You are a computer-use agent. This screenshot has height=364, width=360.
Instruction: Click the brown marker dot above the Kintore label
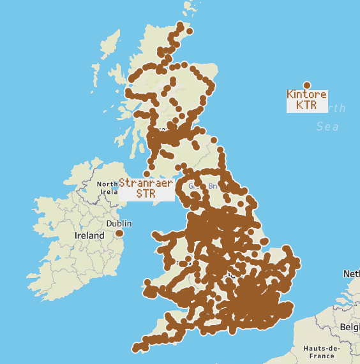[x=306, y=85]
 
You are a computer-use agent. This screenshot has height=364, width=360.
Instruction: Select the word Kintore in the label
[x=306, y=95]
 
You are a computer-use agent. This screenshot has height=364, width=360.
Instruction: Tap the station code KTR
[x=306, y=105]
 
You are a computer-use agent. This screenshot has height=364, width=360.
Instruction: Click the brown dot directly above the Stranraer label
[x=146, y=173]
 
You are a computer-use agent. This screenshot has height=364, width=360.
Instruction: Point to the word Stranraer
[x=146, y=183]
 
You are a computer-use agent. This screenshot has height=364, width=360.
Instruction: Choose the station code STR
[x=146, y=193]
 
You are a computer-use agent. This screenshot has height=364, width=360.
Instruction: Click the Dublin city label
[x=119, y=224]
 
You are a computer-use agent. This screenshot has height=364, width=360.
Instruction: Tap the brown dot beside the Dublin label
[x=119, y=234]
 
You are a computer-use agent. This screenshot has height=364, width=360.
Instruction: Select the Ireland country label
[x=89, y=235]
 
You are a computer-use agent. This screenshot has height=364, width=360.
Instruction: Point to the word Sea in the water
[x=327, y=127]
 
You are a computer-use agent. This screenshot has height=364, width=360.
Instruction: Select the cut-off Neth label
[x=351, y=273]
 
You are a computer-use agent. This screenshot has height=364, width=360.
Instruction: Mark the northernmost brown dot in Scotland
[x=181, y=25]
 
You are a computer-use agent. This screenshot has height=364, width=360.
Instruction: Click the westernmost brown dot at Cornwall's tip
[x=135, y=348]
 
